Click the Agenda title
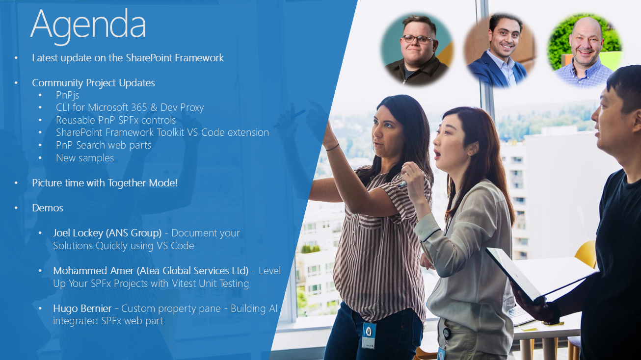tap(88, 26)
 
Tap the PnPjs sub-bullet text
tap(68, 95)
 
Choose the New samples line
tap(85, 158)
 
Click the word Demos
tap(48, 208)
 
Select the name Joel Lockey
tap(78, 233)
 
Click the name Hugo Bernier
tap(82, 309)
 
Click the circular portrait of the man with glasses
tap(417, 49)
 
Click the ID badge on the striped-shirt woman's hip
tap(369, 335)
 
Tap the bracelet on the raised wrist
tap(332, 148)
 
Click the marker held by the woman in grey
tap(402, 184)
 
